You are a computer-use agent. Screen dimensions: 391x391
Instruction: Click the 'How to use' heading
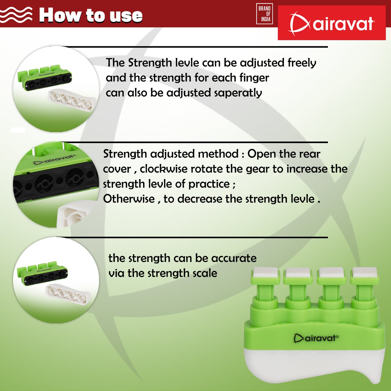tap(91, 15)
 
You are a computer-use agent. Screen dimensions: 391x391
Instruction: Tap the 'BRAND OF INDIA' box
tap(265, 14)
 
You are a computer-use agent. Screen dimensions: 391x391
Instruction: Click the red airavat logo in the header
tap(331, 22)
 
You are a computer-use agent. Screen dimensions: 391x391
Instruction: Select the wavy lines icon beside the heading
tap(16, 15)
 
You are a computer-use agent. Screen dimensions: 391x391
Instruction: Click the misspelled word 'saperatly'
tap(238, 93)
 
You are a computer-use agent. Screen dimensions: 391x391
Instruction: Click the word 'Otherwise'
tap(129, 199)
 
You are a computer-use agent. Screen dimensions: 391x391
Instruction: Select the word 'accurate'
tap(234, 258)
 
